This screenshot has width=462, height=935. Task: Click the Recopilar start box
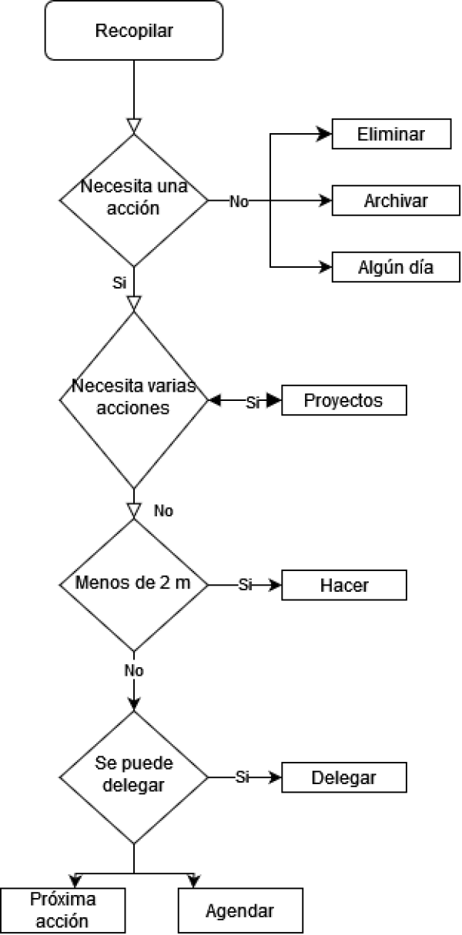click(x=134, y=31)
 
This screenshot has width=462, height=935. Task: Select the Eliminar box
click(x=391, y=134)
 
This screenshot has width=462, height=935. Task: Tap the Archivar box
click(x=396, y=201)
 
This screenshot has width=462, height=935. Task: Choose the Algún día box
click(x=396, y=267)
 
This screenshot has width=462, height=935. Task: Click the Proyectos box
click(x=343, y=400)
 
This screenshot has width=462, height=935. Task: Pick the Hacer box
click(x=343, y=585)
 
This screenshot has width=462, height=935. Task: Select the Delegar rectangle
click(x=343, y=777)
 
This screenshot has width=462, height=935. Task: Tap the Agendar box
click(x=240, y=910)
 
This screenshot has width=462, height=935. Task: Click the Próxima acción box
click(x=62, y=910)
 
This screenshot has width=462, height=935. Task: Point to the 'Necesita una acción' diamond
click(x=134, y=200)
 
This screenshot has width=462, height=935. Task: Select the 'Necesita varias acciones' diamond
click(x=134, y=400)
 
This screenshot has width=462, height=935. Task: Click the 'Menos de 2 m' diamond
click(x=134, y=585)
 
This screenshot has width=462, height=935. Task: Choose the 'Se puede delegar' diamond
click(x=134, y=777)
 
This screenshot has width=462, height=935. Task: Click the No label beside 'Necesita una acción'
click(x=239, y=202)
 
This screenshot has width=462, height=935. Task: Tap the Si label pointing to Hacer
click(x=245, y=585)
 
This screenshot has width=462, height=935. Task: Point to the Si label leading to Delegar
click(x=243, y=777)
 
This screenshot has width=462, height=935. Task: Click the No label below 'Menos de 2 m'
click(x=134, y=671)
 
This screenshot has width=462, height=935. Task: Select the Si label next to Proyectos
click(x=253, y=402)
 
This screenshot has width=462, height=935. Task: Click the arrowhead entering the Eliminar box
click(x=323, y=134)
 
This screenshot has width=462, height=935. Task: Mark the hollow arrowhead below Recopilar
click(x=134, y=126)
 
